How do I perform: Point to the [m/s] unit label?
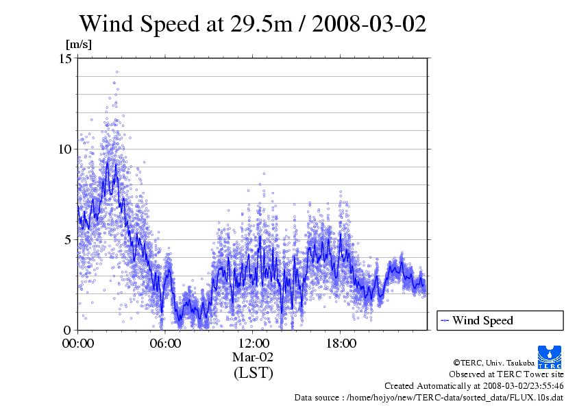tap(78, 45)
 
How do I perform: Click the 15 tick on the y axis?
tap(66, 58)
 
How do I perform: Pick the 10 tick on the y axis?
tap(66, 149)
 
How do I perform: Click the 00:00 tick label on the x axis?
tap(78, 343)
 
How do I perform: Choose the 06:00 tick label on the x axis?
tap(165, 343)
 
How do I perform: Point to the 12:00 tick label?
tap(253, 343)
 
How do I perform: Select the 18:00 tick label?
tap(341, 343)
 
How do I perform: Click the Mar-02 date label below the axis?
tap(253, 357)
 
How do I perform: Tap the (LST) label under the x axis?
tap(253, 373)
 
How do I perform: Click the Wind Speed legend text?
tap(482, 320)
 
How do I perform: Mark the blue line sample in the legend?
tap(445, 320)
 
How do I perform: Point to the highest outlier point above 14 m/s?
tap(116, 72)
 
